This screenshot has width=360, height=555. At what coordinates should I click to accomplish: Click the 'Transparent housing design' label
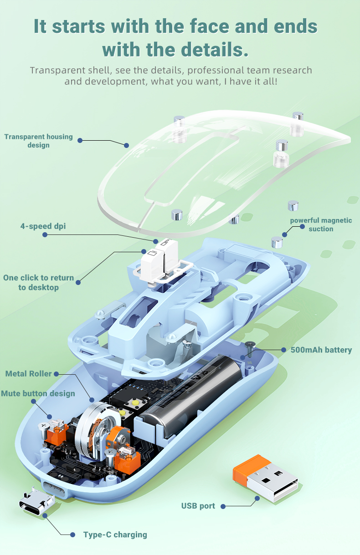(x=38, y=141)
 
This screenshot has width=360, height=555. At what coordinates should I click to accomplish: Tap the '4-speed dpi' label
(x=43, y=226)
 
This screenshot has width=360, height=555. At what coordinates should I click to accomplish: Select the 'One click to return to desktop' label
(x=38, y=282)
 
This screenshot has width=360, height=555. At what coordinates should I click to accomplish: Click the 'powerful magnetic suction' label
(x=321, y=224)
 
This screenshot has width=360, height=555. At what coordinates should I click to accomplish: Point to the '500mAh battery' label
(x=321, y=350)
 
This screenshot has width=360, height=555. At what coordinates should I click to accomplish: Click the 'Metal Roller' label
(x=29, y=374)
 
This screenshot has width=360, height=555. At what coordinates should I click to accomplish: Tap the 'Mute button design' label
(x=38, y=393)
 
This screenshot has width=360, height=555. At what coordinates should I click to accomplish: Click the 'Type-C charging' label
(x=115, y=535)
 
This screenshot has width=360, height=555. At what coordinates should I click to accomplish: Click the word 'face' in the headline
(x=209, y=26)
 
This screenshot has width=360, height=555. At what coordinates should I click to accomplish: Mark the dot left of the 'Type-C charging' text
(x=72, y=535)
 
